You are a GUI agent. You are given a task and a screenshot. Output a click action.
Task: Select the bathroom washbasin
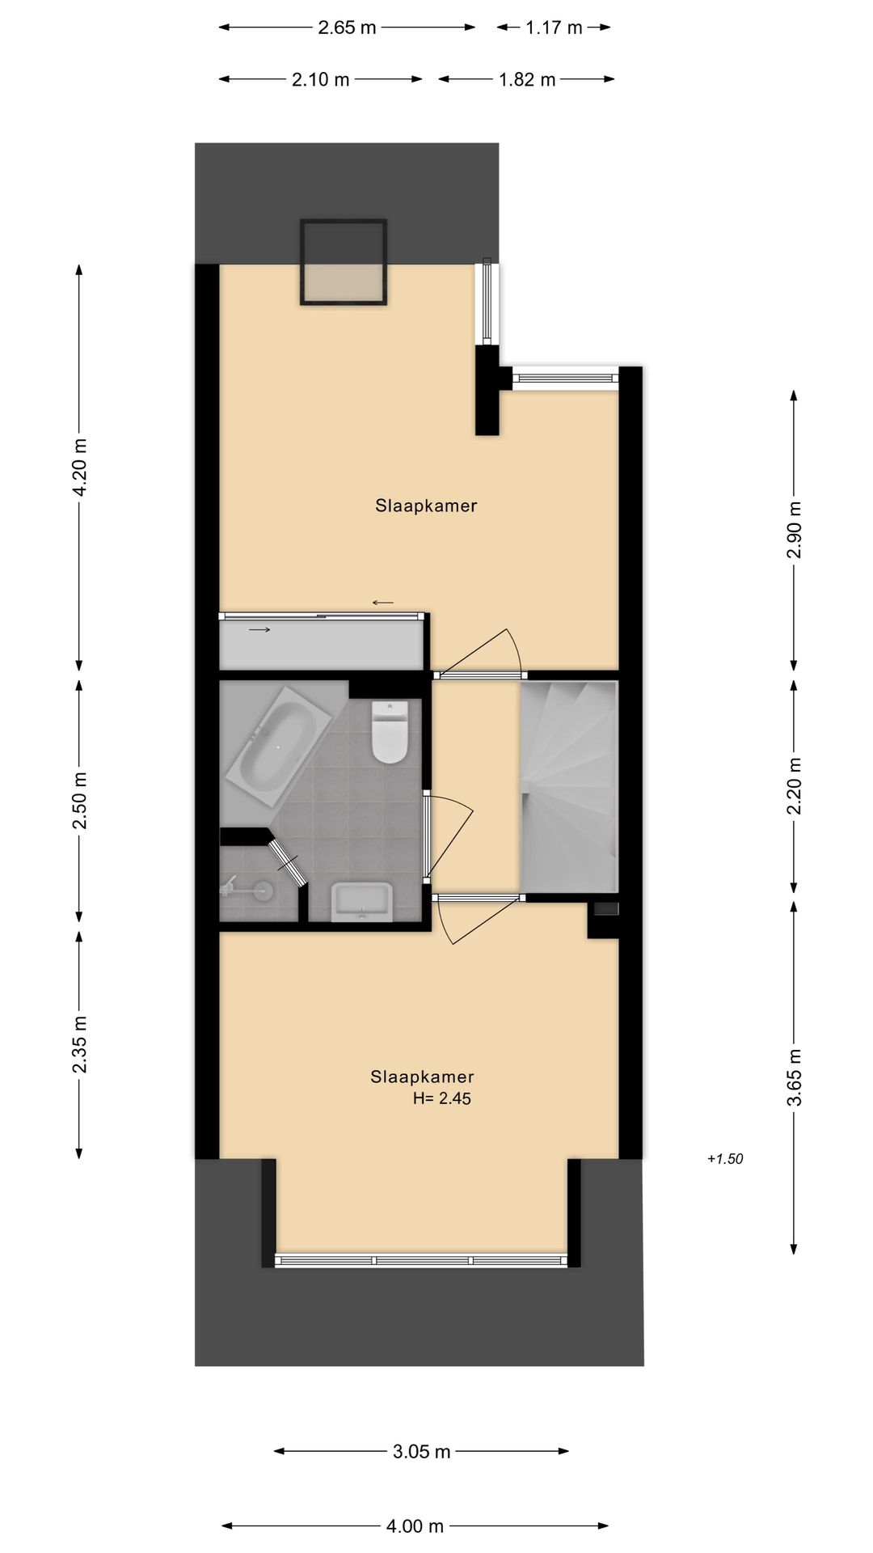(x=361, y=901)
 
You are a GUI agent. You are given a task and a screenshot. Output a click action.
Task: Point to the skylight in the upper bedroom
(x=343, y=262)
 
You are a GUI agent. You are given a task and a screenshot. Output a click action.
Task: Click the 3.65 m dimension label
(x=795, y=1077)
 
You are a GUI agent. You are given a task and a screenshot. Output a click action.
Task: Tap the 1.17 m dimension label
(x=554, y=28)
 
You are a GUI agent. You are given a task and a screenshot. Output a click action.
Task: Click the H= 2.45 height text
(x=441, y=1098)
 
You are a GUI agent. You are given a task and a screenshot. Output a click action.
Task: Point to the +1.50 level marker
(x=724, y=1159)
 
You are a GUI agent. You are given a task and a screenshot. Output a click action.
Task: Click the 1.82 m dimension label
(x=527, y=79)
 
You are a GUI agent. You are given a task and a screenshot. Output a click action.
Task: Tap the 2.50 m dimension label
(x=79, y=800)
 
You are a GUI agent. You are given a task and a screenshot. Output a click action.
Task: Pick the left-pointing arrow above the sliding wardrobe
(x=382, y=603)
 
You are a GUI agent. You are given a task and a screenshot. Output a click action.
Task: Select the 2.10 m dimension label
(x=321, y=79)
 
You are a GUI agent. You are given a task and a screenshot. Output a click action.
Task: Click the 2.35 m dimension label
(x=79, y=1044)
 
